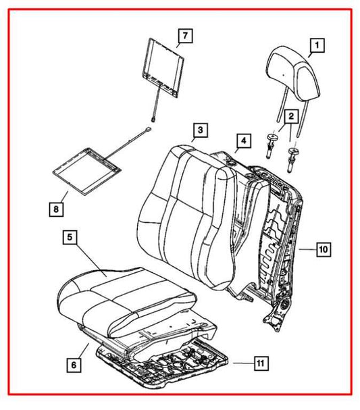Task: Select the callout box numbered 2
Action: point(290,116)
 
